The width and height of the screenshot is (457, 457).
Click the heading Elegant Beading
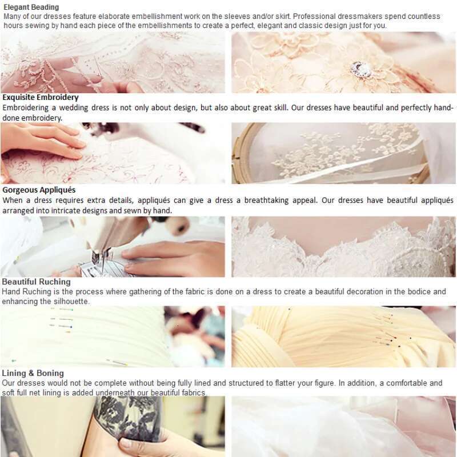coord(31,7)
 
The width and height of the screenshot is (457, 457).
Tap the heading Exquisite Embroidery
coord(41,97)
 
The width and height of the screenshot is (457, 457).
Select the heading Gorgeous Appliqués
coord(39,190)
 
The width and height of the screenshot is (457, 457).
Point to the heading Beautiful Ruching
coord(37,282)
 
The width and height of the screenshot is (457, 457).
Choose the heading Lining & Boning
coord(33,374)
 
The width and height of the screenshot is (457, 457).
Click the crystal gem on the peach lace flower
coord(361,69)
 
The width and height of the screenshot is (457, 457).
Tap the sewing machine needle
coord(103,261)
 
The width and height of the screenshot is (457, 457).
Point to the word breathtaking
coord(266,201)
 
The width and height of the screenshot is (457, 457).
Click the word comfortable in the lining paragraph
coord(404,383)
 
